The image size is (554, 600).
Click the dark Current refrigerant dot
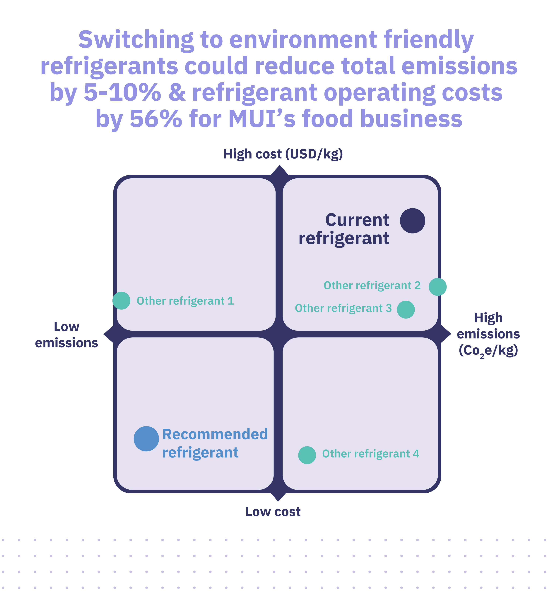(x=413, y=221)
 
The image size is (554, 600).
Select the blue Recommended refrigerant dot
(x=146, y=439)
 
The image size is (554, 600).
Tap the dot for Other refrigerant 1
(x=121, y=300)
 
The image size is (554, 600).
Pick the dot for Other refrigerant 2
(x=438, y=287)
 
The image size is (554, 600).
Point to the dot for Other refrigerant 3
(x=406, y=310)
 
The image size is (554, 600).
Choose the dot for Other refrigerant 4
(x=307, y=455)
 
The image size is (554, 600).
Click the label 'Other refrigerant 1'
(x=185, y=301)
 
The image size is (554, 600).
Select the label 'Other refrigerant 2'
(x=372, y=286)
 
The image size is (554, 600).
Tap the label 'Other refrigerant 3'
(x=343, y=308)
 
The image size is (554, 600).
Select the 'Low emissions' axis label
(x=66, y=335)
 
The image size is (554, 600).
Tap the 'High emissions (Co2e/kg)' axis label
(x=488, y=334)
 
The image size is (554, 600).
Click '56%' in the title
(x=156, y=119)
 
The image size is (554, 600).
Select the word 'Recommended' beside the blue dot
(x=215, y=434)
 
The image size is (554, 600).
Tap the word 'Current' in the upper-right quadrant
(x=357, y=220)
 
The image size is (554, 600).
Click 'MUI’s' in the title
(x=262, y=119)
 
